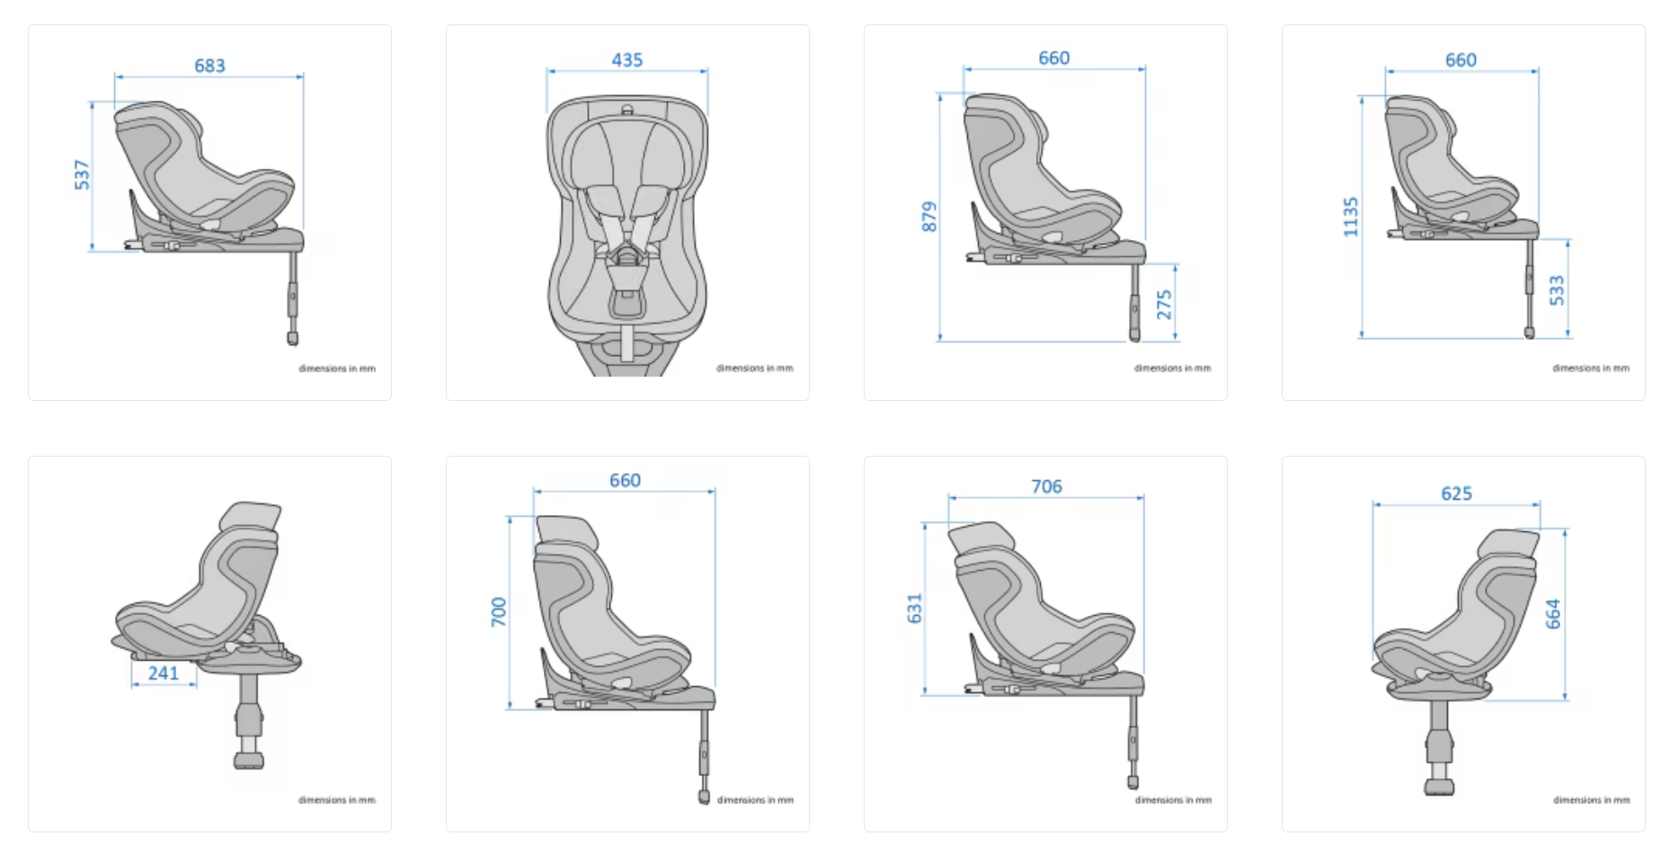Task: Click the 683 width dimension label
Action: (209, 66)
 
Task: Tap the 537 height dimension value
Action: (83, 175)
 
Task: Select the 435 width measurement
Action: (627, 60)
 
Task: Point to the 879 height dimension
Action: (929, 217)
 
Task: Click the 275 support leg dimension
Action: (1165, 305)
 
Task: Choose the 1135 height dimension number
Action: (1350, 218)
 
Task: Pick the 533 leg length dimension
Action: (1558, 290)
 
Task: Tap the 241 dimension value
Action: (164, 673)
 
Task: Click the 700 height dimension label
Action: (499, 612)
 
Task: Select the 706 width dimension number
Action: (1046, 486)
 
